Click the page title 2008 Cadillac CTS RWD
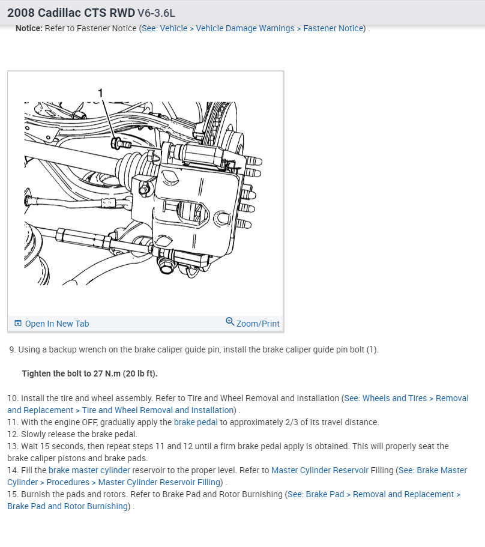pos(71,13)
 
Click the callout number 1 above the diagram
pos(100,93)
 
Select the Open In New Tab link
pos(57,324)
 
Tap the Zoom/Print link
pos(258,324)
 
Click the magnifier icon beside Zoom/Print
pos(230,321)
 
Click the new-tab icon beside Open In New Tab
pos(18,324)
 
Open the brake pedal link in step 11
pos(196,422)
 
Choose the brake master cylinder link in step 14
pos(89,470)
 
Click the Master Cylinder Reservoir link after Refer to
pos(320,470)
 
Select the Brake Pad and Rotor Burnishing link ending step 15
pos(68,506)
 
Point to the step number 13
pos(13,446)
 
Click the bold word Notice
pos(29,28)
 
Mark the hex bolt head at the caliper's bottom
pos(165,267)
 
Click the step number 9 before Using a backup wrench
pos(13,349)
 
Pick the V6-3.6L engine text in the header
pos(156,13)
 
